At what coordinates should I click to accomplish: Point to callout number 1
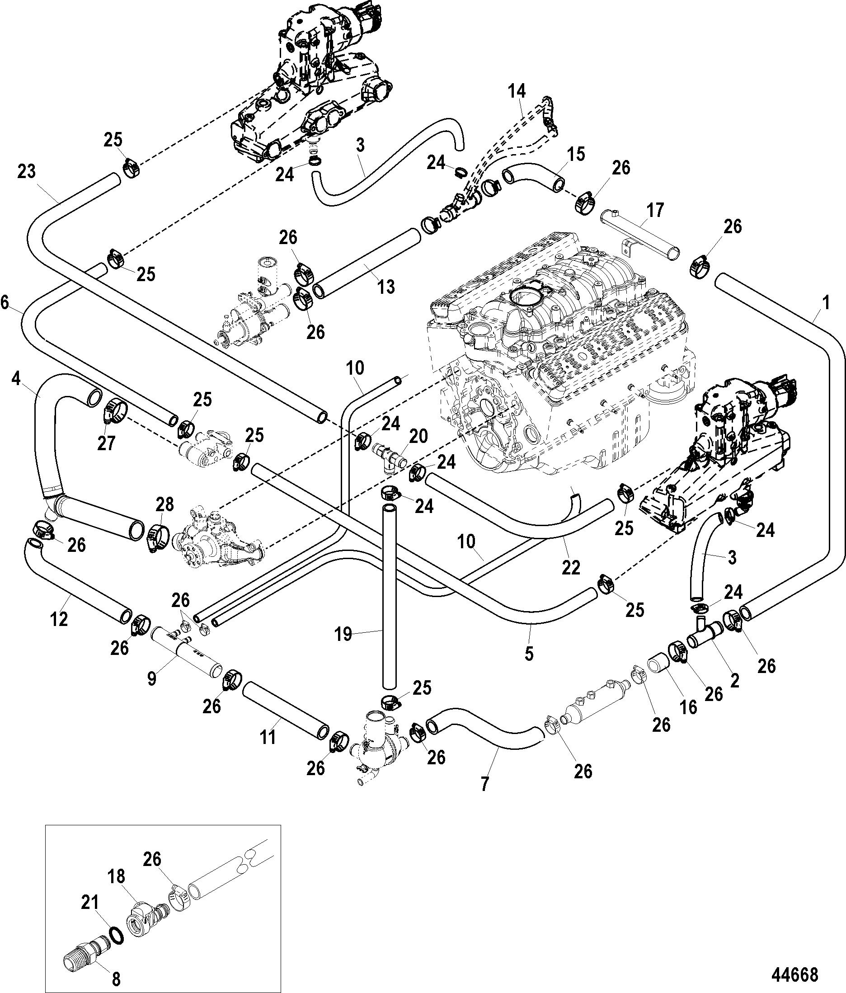coord(825,302)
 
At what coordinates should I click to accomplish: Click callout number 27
coord(106,443)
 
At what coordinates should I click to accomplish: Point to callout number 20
coord(418,436)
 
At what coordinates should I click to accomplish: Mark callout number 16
coord(688,707)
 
